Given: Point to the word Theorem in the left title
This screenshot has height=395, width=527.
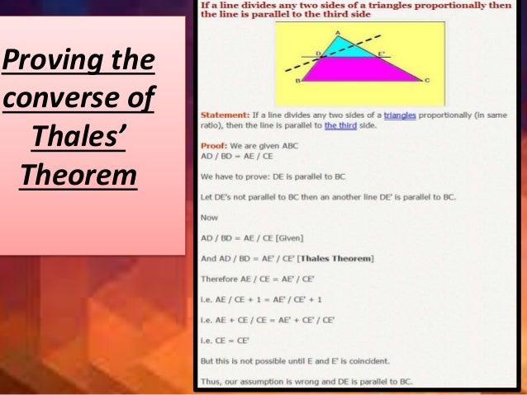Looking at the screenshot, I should coord(78,176).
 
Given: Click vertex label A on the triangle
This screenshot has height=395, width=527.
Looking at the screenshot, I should coord(338,32).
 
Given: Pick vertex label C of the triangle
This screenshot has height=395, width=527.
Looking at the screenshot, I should coord(426,81).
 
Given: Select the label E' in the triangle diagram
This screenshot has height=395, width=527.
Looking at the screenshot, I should coord(381,54).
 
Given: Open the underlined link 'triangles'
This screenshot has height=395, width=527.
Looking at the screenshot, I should coord(400,115).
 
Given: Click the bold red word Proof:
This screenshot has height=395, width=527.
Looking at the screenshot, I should coord(213,145).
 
